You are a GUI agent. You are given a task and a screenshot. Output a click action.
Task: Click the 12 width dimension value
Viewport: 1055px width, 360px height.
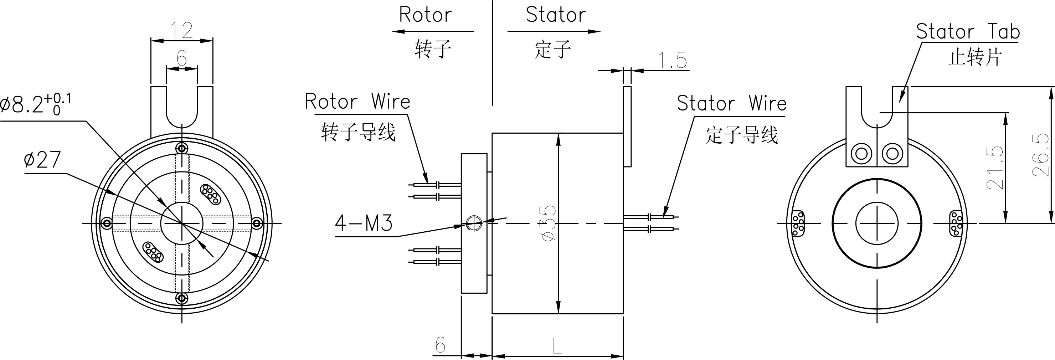[x=181, y=30]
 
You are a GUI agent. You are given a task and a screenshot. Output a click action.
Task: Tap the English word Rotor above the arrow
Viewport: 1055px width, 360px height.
[x=425, y=15]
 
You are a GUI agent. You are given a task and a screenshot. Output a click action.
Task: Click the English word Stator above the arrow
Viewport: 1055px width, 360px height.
[x=555, y=15]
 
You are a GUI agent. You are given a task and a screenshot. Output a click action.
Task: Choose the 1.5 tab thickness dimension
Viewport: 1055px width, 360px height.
[x=672, y=61]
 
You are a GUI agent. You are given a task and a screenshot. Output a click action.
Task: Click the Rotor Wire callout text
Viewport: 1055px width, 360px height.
[x=357, y=102]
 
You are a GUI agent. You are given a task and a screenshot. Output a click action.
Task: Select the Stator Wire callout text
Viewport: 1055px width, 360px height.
[x=731, y=103]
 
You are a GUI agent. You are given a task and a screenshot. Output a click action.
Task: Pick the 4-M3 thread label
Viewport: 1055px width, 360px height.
[x=364, y=223]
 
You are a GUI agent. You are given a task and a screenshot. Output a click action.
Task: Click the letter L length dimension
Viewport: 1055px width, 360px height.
[x=557, y=345]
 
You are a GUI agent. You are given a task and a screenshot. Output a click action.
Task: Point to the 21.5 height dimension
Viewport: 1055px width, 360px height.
[x=995, y=168]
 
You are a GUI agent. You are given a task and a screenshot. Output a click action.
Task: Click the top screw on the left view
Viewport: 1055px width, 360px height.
[x=181, y=148]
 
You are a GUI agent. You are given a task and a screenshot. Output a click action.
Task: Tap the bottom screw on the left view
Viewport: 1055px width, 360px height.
[x=181, y=298]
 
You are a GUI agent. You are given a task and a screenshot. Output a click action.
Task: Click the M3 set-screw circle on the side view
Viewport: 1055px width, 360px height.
[x=473, y=223]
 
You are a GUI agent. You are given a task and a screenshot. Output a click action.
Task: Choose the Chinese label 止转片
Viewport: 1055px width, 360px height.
[x=975, y=57]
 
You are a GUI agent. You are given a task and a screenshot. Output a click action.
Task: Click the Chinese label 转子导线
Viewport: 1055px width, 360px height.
[x=358, y=132]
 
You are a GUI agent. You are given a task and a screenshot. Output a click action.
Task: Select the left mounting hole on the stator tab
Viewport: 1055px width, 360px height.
[x=861, y=154]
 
